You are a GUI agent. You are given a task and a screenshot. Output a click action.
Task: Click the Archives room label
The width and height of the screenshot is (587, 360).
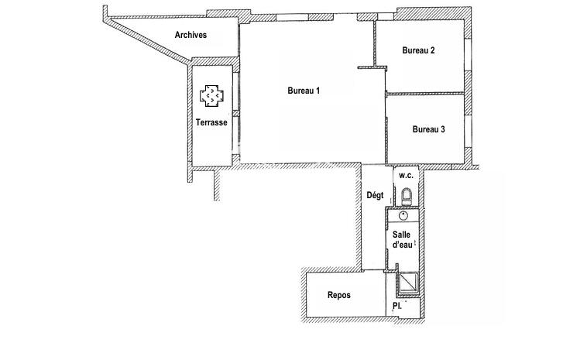tap(190, 35)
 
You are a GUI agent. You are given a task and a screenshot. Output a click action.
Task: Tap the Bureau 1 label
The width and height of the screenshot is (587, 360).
tap(304, 91)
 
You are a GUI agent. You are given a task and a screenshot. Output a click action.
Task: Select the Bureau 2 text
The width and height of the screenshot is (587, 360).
tap(418, 51)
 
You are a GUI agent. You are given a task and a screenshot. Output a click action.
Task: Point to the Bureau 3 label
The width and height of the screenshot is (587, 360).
tap(428, 129)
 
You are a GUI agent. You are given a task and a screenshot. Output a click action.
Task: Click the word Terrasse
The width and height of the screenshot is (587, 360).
tap(211, 122)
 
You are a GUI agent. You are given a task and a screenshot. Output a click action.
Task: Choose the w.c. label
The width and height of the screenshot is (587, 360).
tap(407, 176)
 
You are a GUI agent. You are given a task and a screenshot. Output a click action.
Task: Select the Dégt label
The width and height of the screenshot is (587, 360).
tap(376, 196)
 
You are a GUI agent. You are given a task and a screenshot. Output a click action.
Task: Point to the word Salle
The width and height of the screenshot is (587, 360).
tap(402, 234)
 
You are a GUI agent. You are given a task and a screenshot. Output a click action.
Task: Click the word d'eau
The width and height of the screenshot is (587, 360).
tap(402, 244)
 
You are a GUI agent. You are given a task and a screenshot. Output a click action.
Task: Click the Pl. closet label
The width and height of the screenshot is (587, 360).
tap(397, 307)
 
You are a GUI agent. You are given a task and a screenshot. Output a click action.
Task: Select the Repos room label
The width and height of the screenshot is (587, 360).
tap(339, 295)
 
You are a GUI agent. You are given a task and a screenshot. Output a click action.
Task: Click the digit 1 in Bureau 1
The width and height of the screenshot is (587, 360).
tap(318, 91)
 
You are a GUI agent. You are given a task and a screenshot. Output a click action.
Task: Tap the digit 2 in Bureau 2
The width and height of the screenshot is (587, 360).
tap(432, 51)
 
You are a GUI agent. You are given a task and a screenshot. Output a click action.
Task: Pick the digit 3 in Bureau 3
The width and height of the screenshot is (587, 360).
tap(442, 129)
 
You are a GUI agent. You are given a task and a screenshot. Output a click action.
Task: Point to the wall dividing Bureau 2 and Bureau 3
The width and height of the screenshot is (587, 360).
tap(426, 93)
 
